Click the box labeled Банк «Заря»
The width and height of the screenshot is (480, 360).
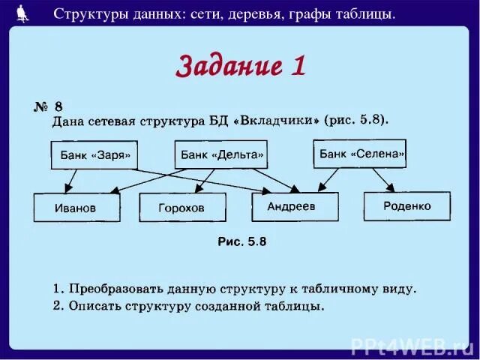[94, 156]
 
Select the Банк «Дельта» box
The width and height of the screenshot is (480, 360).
[221, 155]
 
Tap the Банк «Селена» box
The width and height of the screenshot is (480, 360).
[360, 154]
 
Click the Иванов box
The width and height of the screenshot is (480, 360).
[76, 208]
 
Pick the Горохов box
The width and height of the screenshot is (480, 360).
[182, 208]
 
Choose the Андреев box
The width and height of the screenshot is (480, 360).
[295, 206]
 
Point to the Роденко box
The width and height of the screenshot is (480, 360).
[407, 205]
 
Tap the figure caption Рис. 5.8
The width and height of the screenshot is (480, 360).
[241, 241]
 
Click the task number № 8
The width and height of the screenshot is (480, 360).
[46, 107]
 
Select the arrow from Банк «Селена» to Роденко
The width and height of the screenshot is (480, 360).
[383, 180]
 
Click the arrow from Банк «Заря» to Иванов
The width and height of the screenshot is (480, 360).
[71, 181]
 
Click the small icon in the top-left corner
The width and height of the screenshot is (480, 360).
[22, 13]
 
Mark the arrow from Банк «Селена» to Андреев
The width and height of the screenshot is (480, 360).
[328, 178]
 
